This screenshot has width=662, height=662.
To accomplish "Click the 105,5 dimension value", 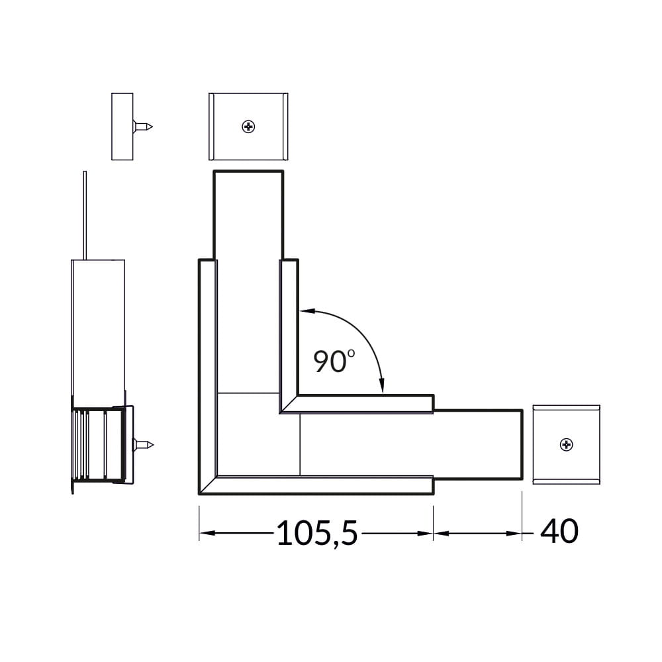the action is tap(317, 533).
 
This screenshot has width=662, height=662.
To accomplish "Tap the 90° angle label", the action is tap(334, 361).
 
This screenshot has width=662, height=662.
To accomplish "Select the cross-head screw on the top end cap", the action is tap(248, 126).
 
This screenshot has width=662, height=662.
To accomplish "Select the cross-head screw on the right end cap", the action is tap(566, 445).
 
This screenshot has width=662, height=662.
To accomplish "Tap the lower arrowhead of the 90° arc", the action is tap(382, 386).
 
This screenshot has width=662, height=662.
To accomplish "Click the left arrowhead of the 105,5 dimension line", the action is tap(207, 533).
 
